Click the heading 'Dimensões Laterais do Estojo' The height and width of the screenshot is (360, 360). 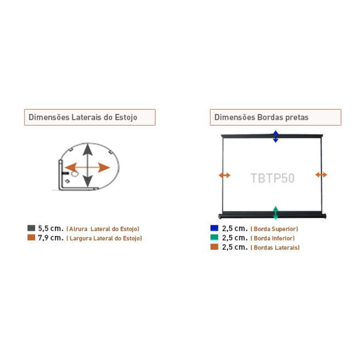(x=83, y=117)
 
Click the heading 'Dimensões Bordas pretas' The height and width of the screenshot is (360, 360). (x=261, y=117)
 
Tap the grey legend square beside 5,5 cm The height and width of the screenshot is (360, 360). (x=31, y=228)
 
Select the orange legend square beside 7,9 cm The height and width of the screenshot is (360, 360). (x=31, y=237)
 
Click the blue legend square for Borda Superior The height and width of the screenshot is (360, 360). (x=214, y=228)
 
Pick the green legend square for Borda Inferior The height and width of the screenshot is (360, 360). (x=214, y=237)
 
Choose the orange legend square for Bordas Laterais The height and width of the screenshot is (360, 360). (x=214, y=247)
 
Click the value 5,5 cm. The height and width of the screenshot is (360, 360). (x=51, y=229)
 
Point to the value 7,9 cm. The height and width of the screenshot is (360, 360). (x=51, y=238)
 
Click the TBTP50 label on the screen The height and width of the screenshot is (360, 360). (x=272, y=178)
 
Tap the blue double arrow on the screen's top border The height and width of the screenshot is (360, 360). (x=276, y=136)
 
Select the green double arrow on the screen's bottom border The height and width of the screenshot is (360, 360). (x=276, y=213)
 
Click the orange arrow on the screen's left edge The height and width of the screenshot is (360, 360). (x=224, y=175)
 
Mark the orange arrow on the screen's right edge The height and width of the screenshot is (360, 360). (x=321, y=175)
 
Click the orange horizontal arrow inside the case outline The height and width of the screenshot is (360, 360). (x=87, y=167)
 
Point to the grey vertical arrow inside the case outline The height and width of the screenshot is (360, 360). (x=88, y=165)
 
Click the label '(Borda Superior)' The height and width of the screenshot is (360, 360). (x=274, y=229)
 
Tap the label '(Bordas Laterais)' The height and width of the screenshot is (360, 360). (x=275, y=248)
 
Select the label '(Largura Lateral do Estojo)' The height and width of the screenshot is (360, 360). (x=104, y=238)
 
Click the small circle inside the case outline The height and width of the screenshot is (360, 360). (x=75, y=174)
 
